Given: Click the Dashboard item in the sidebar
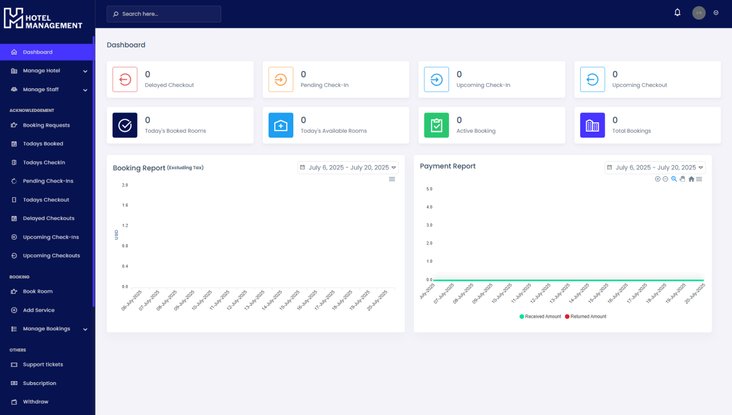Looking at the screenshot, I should coord(38,52).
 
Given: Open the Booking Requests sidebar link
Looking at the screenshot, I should coord(46,126).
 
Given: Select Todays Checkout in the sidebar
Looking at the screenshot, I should coord(46,200).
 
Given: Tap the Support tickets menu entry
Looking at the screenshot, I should coord(43,365).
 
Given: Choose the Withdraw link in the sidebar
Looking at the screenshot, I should coord(36,402).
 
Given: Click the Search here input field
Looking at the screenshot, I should coord(164,14).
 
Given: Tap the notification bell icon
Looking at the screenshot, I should coord(677,13).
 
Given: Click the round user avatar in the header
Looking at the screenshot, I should coord(699,13).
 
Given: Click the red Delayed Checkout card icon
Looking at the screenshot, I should coord(125,80).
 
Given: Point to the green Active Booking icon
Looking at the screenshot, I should coord(436,126).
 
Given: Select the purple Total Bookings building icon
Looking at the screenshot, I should coord(592,126).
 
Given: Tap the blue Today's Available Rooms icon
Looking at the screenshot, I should coord(281,126).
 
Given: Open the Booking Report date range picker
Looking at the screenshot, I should coord(348,168).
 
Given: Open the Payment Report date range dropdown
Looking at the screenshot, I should coord(655,168).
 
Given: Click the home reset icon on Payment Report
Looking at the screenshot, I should coord(691,179).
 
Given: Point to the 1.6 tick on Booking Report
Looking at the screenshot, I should coord(125,205).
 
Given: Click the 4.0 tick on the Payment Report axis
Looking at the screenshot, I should coord(429,207).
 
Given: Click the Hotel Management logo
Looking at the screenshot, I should coord(43,19).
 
